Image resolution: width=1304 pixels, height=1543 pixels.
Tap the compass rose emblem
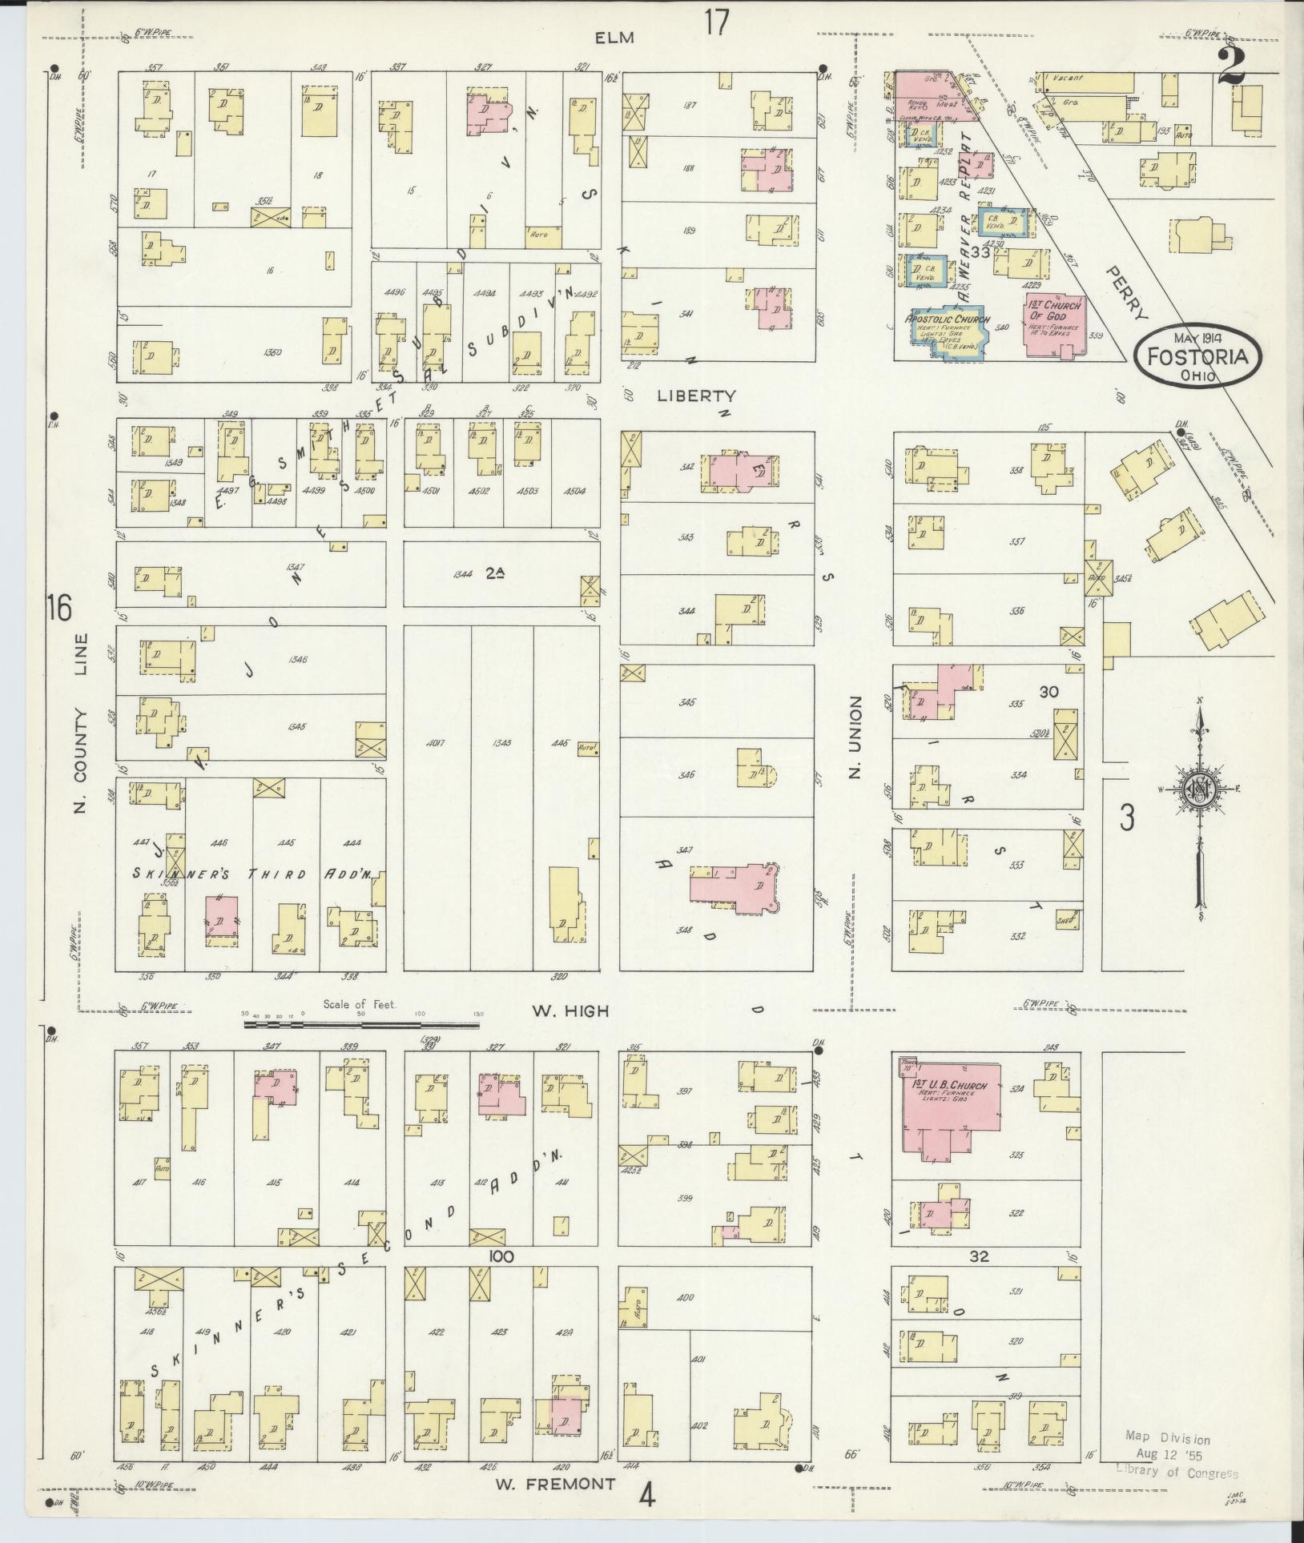[x=1199, y=790]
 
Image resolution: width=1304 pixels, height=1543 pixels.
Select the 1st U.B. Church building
[x=950, y=1108]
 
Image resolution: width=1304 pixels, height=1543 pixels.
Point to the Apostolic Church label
[x=948, y=319]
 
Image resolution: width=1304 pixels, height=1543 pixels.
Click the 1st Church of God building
[x=1056, y=327]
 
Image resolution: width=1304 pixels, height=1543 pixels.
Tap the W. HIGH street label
[x=569, y=1011]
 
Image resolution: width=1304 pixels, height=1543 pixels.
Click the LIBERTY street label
[x=696, y=396]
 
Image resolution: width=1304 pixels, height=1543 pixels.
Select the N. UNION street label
[x=854, y=737]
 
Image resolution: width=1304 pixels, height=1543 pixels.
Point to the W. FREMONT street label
[x=555, y=1484]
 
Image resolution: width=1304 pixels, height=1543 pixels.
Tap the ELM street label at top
[x=615, y=37]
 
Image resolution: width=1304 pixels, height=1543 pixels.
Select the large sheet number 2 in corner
[x=1231, y=66]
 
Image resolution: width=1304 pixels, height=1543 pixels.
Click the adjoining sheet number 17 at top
[x=717, y=22]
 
